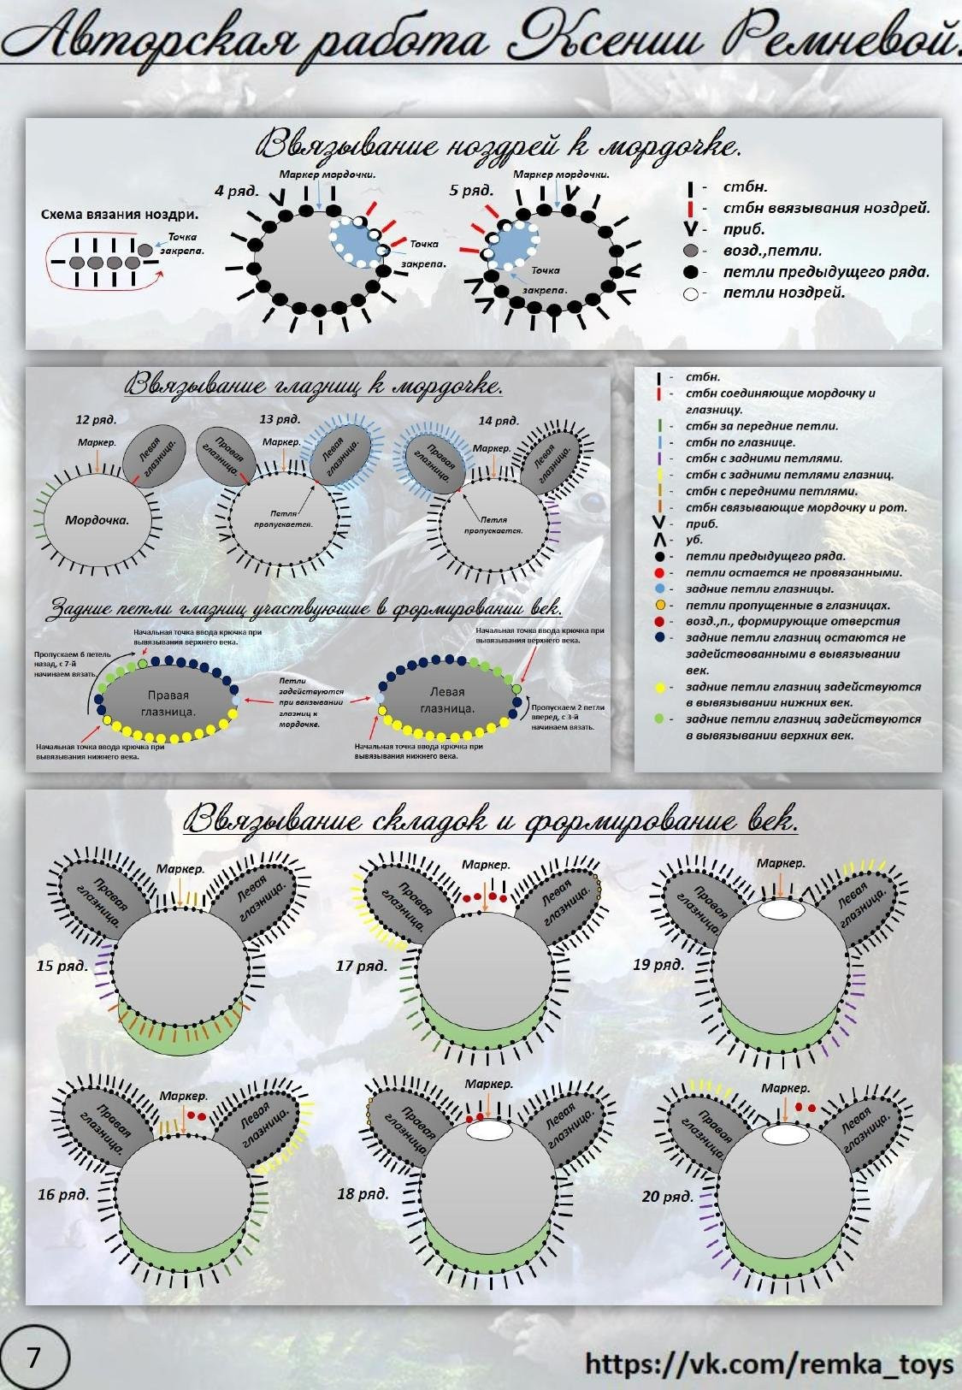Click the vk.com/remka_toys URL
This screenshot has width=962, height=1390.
coord(769,1363)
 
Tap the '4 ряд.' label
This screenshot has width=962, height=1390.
coord(237,190)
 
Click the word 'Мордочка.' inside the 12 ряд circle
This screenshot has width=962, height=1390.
coord(96,519)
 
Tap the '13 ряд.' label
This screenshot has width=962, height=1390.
coord(280,419)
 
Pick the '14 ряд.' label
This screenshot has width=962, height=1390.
coord(499,420)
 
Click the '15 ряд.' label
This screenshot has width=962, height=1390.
coord(62,966)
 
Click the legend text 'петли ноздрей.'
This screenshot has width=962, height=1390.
coord(783,293)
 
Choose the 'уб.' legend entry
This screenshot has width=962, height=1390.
coord(693,540)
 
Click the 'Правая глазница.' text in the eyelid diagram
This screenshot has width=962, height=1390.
coord(168,703)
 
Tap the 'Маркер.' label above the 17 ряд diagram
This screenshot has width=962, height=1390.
coord(486,865)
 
